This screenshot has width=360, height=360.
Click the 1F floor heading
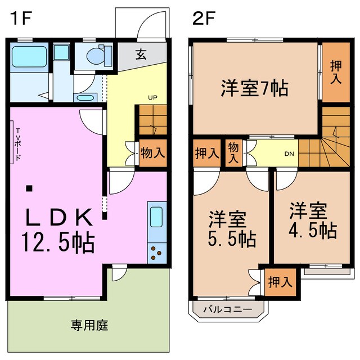(x=21, y=18)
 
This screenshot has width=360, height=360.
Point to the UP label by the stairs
(x=152, y=97)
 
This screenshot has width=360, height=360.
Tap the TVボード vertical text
(x=18, y=145)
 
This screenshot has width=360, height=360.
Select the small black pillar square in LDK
(x=29, y=188)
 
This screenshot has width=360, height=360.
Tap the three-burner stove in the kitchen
(x=156, y=253)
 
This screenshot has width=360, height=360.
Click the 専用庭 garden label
(x=89, y=325)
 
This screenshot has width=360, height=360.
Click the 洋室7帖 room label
(x=254, y=88)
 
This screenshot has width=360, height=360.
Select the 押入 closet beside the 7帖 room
(x=335, y=72)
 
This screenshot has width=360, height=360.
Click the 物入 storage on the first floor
(x=152, y=152)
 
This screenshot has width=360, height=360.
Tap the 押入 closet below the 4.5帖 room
(x=279, y=281)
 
